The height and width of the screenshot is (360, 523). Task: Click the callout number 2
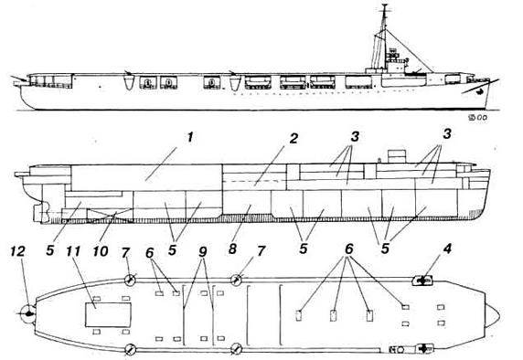[294, 139]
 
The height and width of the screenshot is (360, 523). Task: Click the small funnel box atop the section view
[398, 156]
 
